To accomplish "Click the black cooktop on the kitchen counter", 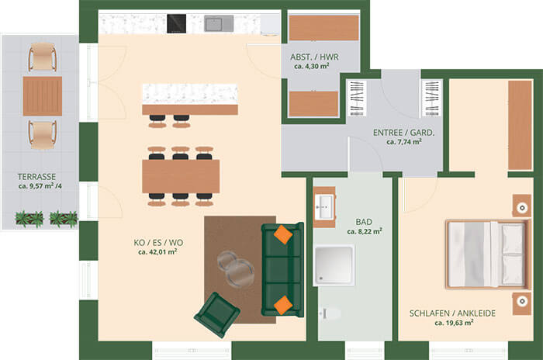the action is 176,23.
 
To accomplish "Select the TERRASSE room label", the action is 36,177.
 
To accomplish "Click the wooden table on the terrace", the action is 43,96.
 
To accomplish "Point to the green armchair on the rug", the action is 217,314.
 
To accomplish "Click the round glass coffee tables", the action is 237,269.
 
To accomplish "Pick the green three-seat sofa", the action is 282,269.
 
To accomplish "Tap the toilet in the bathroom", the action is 330,314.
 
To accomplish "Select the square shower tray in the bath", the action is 334,265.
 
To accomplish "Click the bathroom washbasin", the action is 324,207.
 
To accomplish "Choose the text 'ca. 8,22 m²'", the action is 365,231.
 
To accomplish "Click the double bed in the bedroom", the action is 488,254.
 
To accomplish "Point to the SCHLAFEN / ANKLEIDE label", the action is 452,313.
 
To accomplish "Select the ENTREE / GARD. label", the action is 403,133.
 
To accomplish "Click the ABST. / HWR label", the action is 314,57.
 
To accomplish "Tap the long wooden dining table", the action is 181,176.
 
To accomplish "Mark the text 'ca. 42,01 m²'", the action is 157,252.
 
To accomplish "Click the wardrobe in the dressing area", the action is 520,125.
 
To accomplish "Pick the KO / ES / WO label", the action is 158,243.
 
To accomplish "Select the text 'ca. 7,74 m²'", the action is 404,142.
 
